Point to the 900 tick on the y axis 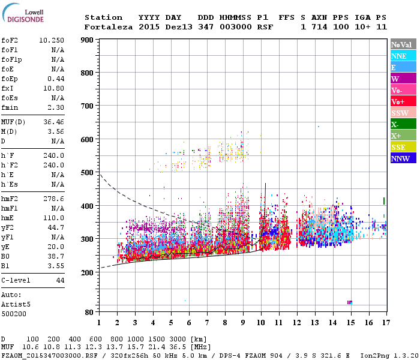(86, 40)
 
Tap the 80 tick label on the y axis (89, 312)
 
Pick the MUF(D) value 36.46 (54, 121)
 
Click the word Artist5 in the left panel (14, 304)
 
